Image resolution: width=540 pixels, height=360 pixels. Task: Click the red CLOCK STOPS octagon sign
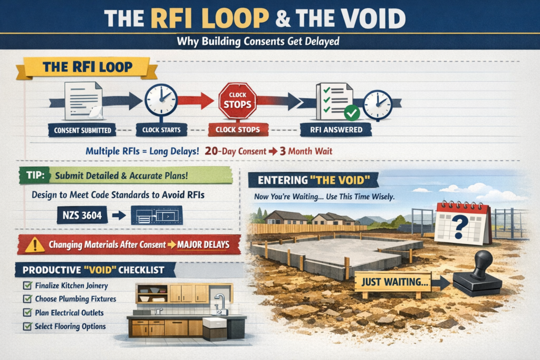(x=237, y=101)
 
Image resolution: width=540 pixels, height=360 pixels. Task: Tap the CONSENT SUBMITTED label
(x=82, y=130)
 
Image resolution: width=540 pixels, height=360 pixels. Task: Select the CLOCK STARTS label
(x=161, y=130)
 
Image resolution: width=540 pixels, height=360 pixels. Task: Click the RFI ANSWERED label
(x=336, y=130)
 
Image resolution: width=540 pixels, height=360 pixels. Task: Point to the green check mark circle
(x=352, y=113)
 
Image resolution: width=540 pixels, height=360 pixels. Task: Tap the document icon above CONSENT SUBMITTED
(x=84, y=101)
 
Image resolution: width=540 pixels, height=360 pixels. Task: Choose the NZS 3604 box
(x=82, y=215)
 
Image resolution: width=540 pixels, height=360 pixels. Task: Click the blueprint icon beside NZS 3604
(x=157, y=216)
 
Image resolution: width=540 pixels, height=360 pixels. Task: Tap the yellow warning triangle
(x=34, y=245)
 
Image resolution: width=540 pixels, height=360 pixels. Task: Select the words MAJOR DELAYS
(x=203, y=245)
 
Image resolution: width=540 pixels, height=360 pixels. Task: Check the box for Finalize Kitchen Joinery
(x=27, y=285)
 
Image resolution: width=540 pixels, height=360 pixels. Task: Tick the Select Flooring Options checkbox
(x=27, y=326)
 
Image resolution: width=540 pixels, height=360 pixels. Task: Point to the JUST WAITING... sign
(x=392, y=282)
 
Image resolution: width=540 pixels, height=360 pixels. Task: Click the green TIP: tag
(x=35, y=175)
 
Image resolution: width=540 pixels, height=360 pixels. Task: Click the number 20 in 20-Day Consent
(x=211, y=151)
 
